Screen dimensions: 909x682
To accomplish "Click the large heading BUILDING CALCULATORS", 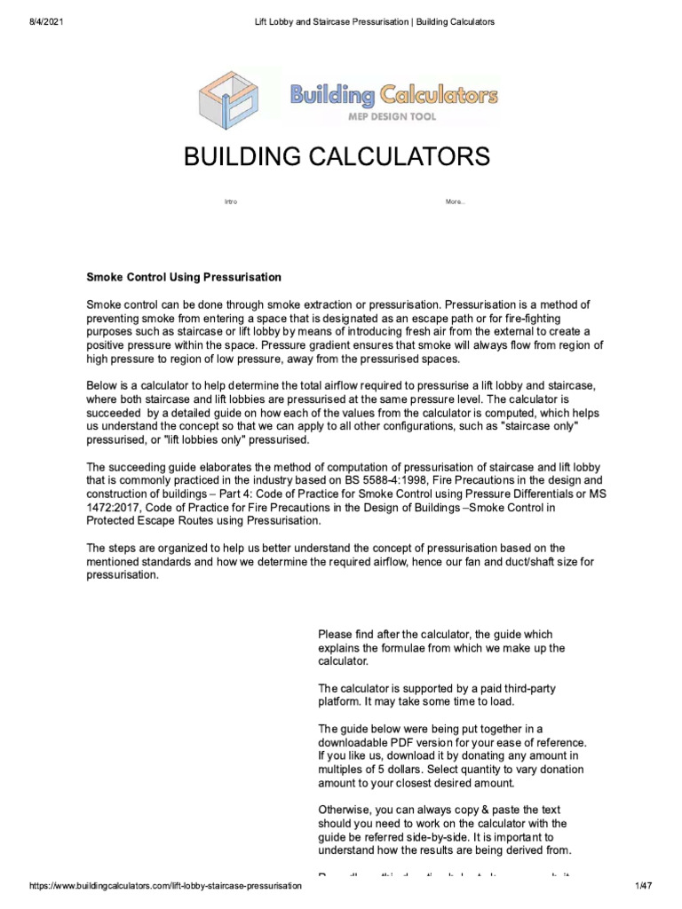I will (337, 158).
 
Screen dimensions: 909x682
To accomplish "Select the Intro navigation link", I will (231, 202).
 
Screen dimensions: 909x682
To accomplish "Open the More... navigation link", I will (455, 202).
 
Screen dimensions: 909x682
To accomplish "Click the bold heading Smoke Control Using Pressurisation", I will (183, 278).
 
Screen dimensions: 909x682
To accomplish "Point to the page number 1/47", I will (644, 887).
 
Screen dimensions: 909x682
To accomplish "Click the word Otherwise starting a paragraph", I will (345, 810).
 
